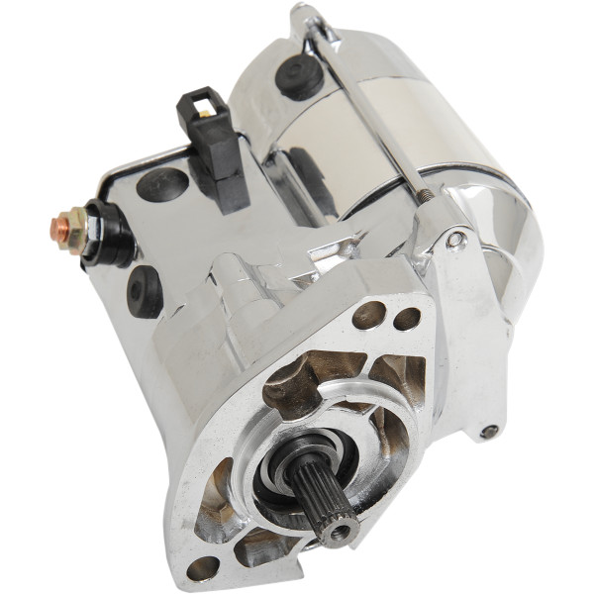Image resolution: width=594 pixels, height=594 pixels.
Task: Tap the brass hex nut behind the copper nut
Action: pos(74,228)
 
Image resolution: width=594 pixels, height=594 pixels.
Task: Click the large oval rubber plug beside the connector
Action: pos(161,184)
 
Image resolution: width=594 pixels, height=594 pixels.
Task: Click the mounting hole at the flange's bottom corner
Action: pos(203,566)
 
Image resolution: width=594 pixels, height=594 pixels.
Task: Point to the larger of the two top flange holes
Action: pos(369,315)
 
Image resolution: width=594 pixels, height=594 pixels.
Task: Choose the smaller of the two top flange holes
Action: pos(406,319)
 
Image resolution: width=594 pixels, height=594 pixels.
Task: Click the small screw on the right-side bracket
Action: pos(489,432)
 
